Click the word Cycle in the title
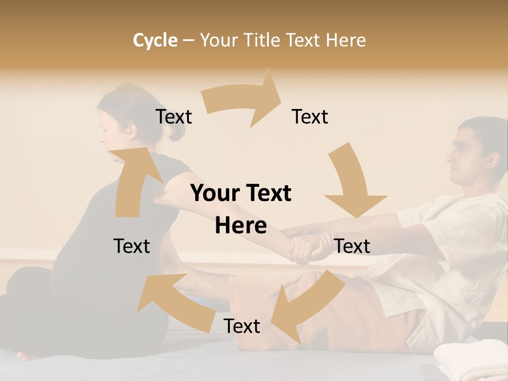tap(155, 40)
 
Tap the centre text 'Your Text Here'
tap(241, 209)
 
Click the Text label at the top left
tap(174, 116)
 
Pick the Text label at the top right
tap(310, 116)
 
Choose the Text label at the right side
tap(352, 246)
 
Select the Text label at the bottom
tap(242, 326)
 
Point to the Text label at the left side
tap(132, 246)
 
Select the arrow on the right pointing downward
tap(353, 183)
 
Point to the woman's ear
tap(129, 128)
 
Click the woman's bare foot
tap(29, 355)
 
